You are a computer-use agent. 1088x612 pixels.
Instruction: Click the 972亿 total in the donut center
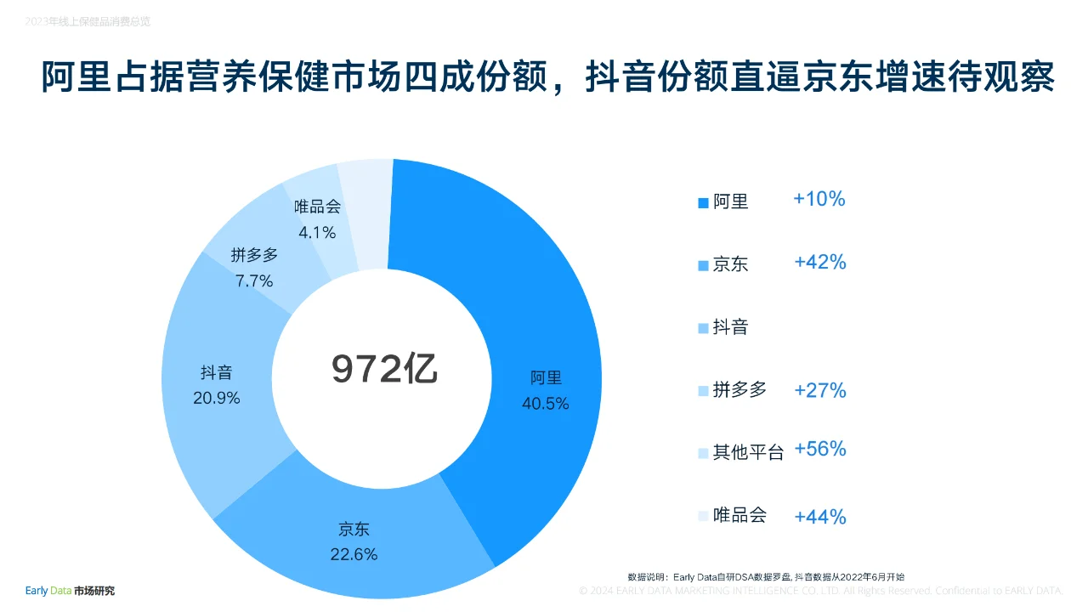pyautogui.click(x=384, y=370)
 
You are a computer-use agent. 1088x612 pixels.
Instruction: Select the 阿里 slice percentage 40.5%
pyautogui.click(x=545, y=404)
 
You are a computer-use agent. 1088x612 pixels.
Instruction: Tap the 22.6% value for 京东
pyautogui.click(x=354, y=554)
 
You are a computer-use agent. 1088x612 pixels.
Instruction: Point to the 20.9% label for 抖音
pyautogui.click(x=216, y=398)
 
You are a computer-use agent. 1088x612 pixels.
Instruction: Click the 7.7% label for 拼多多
pyautogui.click(x=254, y=280)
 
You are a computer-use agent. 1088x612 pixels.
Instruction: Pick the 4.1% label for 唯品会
pyautogui.click(x=317, y=232)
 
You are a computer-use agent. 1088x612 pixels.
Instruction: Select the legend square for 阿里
pyautogui.click(x=703, y=202)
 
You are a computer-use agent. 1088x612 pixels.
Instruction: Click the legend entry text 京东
pyautogui.click(x=730, y=264)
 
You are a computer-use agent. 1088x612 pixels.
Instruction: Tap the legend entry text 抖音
pyautogui.click(x=730, y=327)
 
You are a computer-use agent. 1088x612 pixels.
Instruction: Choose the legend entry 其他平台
pyautogui.click(x=748, y=453)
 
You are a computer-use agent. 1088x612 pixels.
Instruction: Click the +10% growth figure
pyautogui.click(x=819, y=199)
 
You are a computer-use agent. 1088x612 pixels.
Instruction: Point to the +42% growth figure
pyautogui.click(x=820, y=263)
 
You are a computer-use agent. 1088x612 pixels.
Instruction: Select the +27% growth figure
pyautogui.click(x=820, y=390)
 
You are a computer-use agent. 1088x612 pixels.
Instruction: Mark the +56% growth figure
pyautogui.click(x=820, y=450)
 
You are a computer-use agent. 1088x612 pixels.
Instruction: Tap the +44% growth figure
pyautogui.click(x=820, y=516)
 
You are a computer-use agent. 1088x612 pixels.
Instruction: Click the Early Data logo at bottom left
pyautogui.click(x=70, y=591)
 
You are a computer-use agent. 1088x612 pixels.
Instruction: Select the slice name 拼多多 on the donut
pyautogui.click(x=254, y=255)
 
